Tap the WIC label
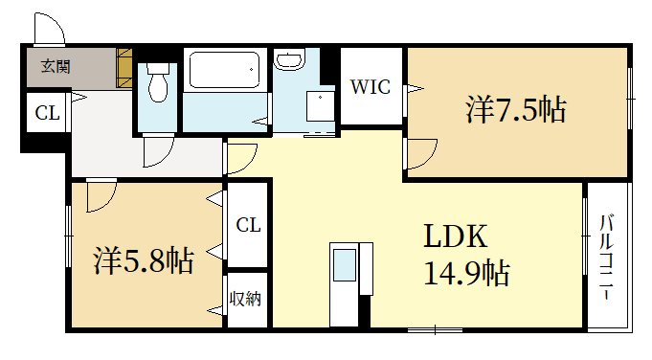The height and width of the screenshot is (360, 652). coord(369,87)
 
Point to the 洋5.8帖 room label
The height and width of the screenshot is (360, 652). coord(144,259)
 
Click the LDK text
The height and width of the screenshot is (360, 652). coord(457,236)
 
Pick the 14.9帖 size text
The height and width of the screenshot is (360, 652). coord(465,275)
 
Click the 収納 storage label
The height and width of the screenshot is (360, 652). coord(246,299)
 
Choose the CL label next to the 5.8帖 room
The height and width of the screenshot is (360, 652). coord(248,226)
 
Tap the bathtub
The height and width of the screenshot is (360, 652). coord(222,70)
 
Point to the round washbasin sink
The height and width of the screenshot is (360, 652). coord(288,61)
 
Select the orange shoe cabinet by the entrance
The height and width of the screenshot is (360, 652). coord(124,68)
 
